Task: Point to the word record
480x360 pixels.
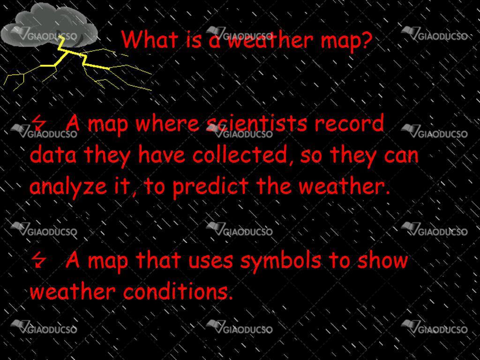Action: point(349,123)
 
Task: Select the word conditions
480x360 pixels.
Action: point(178,292)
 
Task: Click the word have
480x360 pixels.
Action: point(162,154)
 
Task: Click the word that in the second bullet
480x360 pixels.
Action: point(158,260)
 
